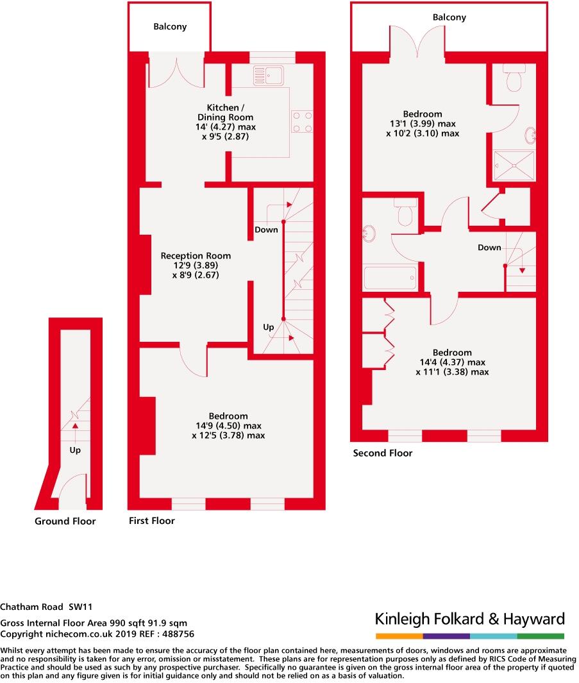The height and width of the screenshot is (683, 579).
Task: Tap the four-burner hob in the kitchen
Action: pos(302,122)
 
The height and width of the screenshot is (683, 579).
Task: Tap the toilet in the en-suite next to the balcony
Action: pos(514,79)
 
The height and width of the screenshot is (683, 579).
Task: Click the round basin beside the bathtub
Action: pos(371,235)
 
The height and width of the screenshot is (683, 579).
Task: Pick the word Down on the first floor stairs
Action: pos(266,230)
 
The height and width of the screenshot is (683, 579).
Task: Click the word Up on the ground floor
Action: pos(75,450)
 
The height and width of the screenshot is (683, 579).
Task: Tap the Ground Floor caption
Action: pos(65,521)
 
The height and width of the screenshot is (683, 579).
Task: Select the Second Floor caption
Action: pos(383,453)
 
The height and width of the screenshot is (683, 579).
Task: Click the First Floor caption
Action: pos(152,521)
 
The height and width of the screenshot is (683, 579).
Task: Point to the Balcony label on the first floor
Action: pos(170,27)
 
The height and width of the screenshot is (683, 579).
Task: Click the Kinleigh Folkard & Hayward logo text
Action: pos(470,619)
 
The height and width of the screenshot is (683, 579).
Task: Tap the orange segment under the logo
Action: pos(399,636)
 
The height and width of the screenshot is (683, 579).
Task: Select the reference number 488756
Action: pos(176,634)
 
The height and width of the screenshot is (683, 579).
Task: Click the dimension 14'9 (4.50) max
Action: pos(228,426)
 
